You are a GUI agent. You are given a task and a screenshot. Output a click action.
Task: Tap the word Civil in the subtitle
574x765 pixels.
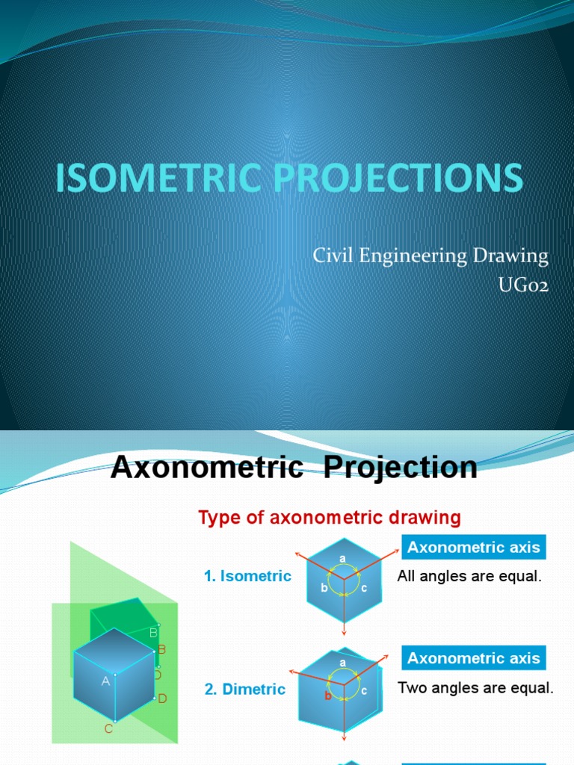pyautogui.click(x=330, y=256)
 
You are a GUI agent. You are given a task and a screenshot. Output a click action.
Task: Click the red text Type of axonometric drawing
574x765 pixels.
pyautogui.click(x=329, y=517)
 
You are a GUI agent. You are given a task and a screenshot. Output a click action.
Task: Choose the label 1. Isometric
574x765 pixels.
pyautogui.click(x=247, y=577)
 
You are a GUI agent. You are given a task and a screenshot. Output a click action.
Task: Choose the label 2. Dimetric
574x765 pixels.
pyautogui.click(x=245, y=690)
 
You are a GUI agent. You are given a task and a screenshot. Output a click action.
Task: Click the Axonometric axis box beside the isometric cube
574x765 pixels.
pyautogui.click(x=473, y=548)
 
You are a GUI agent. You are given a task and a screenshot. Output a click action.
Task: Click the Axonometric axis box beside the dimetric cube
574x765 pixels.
pyautogui.click(x=473, y=658)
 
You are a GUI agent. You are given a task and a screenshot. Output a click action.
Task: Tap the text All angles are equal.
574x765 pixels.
pyautogui.click(x=469, y=577)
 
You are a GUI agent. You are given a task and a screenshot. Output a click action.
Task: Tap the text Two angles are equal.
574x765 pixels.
pyautogui.click(x=475, y=688)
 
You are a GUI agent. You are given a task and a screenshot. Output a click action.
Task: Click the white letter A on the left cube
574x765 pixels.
pyautogui.click(x=105, y=681)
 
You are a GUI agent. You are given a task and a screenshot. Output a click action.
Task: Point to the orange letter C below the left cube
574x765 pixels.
pyautogui.click(x=108, y=728)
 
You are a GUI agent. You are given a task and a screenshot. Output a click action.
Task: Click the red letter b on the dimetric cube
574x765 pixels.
pyautogui.click(x=327, y=696)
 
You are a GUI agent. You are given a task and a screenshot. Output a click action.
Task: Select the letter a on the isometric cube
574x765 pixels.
pyautogui.click(x=342, y=559)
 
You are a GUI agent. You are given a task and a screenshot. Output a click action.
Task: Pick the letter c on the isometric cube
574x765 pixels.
pyautogui.click(x=364, y=588)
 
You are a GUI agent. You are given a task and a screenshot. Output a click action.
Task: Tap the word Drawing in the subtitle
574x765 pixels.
pyautogui.click(x=513, y=256)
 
